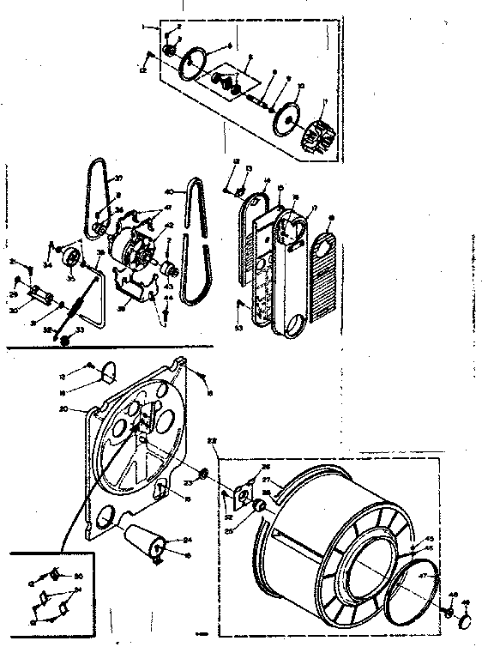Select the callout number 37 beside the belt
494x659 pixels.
119,178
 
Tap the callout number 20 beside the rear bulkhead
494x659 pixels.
75,409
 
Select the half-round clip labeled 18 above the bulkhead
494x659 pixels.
109,371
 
